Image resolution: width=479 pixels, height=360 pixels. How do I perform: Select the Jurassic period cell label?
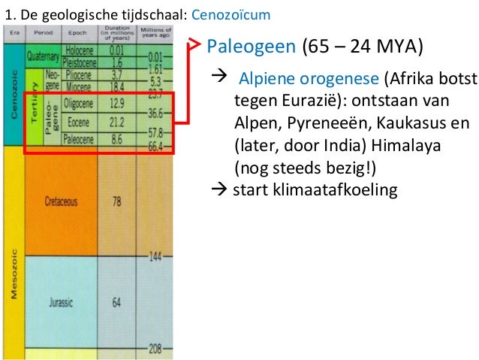(x=60, y=302)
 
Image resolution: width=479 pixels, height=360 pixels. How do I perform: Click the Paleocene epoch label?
(x=74, y=139)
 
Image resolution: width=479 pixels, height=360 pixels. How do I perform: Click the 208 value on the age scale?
(x=156, y=349)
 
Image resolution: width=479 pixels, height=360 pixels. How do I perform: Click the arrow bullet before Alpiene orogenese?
(x=221, y=79)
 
